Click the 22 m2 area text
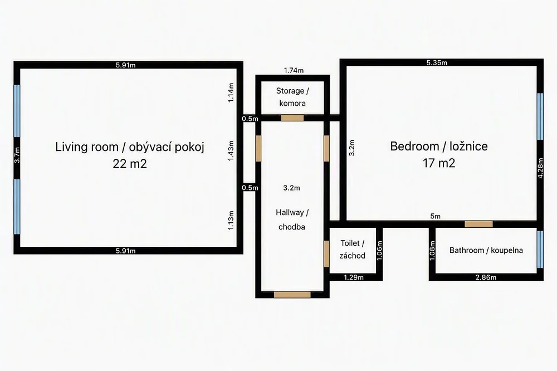tap(130, 164)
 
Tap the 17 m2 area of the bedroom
tap(439, 163)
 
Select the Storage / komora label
tap(292, 97)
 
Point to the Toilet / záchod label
tap(352, 249)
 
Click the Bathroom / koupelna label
tap(486, 250)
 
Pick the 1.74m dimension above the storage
tap(294, 70)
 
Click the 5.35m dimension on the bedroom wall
tap(437, 63)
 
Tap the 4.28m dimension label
tap(540, 168)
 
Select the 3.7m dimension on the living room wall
tap(17, 155)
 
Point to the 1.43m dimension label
tap(231, 151)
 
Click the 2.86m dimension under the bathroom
tap(486, 277)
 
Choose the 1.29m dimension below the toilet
tap(354, 277)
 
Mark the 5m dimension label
tap(435, 216)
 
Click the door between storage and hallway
tap(292, 118)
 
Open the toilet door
tap(326, 253)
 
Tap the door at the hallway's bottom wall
tap(292, 295)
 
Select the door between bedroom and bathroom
tap(479, 224)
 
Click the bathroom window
tap(540, 250)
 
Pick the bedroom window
tap(540, 116)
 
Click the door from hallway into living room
tap(258, 148)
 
